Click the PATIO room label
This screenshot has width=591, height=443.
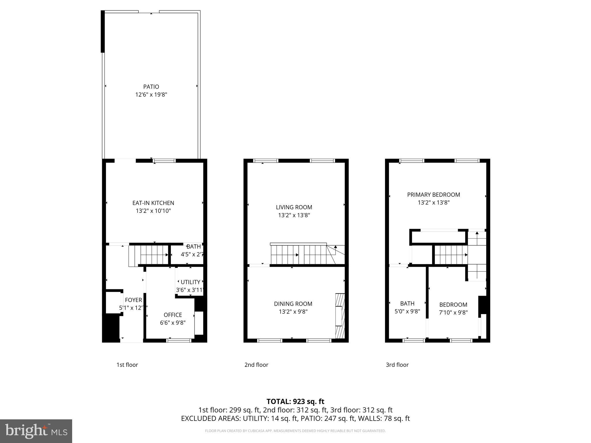click(151, 87)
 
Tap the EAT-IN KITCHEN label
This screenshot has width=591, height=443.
click(153, 203)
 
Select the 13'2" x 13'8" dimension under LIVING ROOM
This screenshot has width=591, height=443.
click(294, 215)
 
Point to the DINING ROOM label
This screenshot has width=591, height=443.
click(293, 304)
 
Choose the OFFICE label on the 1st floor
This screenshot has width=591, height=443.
click(173, 315)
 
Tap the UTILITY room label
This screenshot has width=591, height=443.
click(190, 282)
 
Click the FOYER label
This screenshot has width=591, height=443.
click(133, 300)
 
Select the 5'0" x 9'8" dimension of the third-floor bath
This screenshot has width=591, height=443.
click(407, 311)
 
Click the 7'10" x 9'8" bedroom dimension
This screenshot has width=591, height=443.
click(453, 312)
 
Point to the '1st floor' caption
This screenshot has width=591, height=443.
click(127, 365)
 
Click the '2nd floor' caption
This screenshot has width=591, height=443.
click(256, 365)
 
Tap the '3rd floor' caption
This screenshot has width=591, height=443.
click(397, 365)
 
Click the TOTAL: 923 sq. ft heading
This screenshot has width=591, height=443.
click(295, 401)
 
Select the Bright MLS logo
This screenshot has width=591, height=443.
click(36, 431)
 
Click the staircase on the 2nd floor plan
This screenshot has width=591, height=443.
click(300, 255)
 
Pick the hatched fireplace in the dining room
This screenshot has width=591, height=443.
click(340, 316)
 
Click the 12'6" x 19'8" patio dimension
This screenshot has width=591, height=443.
click(151, 95)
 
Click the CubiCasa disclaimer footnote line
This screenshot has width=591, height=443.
click(295, 431)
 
